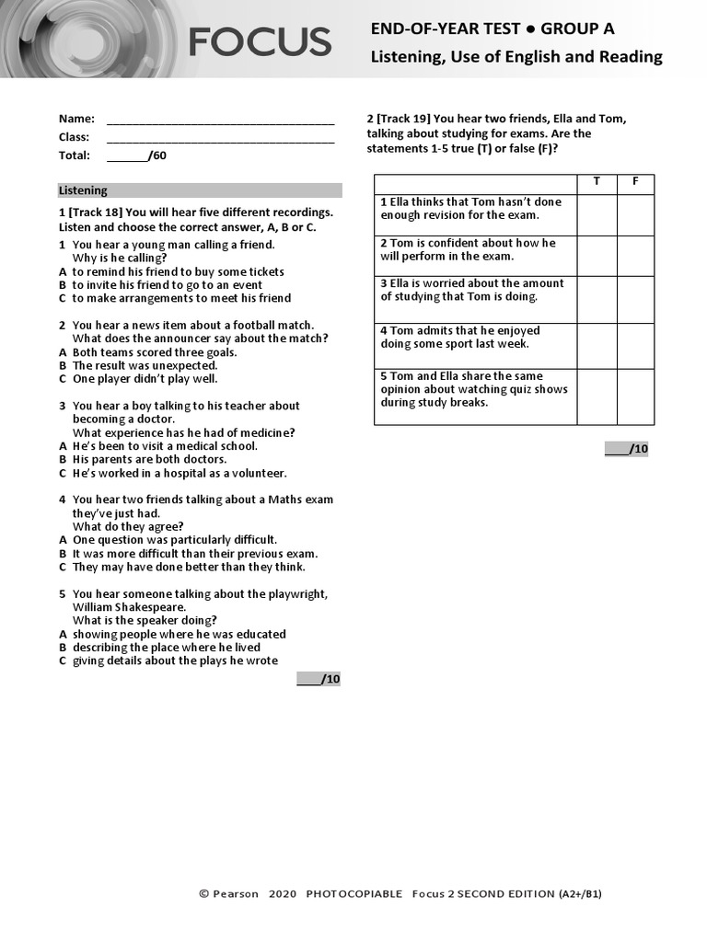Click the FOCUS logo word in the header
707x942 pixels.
point(260,42)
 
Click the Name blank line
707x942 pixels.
point(220,121)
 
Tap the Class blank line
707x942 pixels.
point(220,139)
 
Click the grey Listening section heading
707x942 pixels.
point(200,190)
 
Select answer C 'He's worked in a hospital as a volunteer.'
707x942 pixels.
point(180,473)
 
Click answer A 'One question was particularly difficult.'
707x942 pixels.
point(175,540)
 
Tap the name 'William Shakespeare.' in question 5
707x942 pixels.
point(129,607)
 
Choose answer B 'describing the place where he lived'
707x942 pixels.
point(166,648)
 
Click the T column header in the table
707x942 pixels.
point(597,182)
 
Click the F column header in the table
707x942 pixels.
point(635,182)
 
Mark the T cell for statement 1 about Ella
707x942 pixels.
point(597,214)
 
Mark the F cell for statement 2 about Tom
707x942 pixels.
point(635,256)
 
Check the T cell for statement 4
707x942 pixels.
point(597,345)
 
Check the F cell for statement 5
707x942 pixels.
point(635,396)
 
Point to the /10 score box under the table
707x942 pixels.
point(627,449)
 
